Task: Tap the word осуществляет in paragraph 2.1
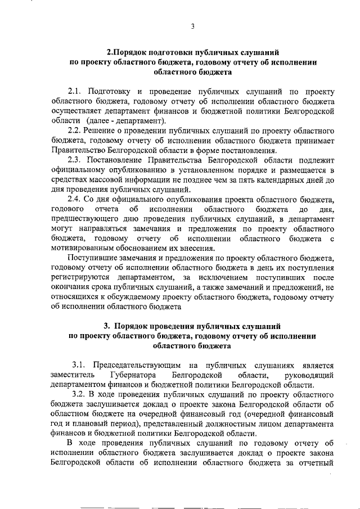coord(75,111)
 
